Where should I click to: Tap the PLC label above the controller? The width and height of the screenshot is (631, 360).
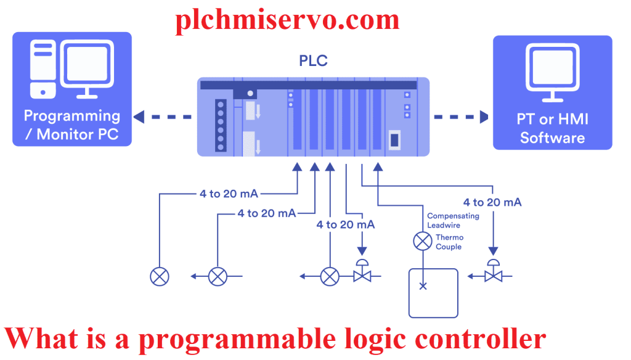click(x=313, y=61)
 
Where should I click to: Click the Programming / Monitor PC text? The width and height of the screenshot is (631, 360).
click(x=72, y=125)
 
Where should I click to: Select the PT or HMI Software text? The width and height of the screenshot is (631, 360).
click(x=552, y=128)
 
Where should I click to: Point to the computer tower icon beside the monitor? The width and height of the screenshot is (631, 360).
click(x=43, y=68)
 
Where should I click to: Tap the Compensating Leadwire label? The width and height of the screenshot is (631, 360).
click(x=453, y=221)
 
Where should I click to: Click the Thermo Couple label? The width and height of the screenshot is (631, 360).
click(x=449, y=242)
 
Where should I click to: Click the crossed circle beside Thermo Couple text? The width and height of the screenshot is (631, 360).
click(x=422, y=241)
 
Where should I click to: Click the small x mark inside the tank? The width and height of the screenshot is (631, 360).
click(x=423, y=286)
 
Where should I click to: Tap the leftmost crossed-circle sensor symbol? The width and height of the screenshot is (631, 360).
click(x=160, y=277)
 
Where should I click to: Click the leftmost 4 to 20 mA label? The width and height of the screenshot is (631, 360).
click(x=229, y=194)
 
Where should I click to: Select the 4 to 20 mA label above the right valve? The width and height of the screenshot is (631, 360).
click(x=492, y=202)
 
